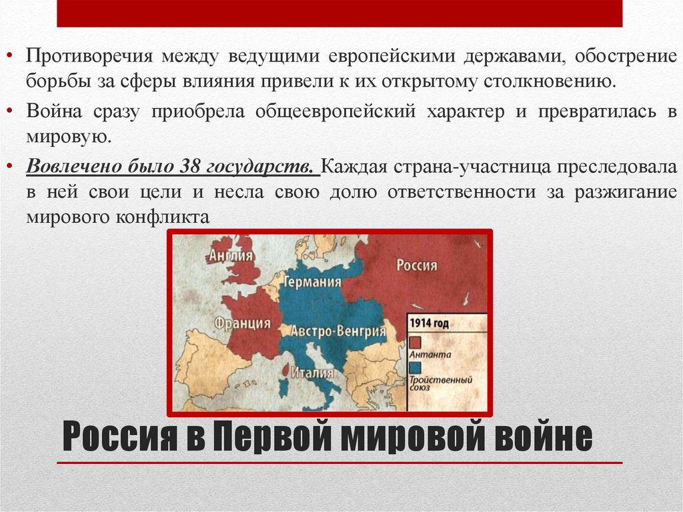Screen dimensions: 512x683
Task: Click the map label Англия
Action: tap(231, 256)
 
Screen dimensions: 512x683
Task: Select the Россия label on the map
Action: tap(417, 266)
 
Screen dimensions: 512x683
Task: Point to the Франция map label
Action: tap(243, 324)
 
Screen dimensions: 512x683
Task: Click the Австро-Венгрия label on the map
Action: tap(334, 331)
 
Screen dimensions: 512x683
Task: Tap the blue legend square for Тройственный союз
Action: tap(416, 368)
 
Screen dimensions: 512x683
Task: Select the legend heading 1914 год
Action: tap(429, 324)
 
